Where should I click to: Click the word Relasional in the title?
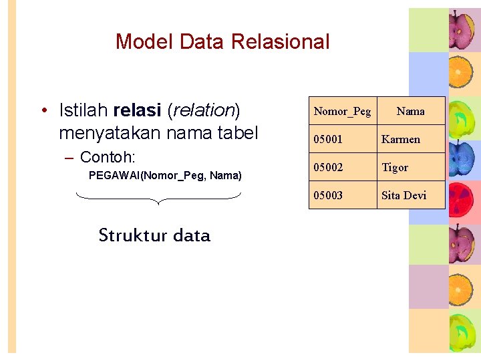pos(280,41)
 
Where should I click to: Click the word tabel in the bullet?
pos(236,133)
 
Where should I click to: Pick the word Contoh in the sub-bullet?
pos(107,158)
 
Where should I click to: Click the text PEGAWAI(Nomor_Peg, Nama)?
pos(165,176)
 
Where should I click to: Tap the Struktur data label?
pos(154,235)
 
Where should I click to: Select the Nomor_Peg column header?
pos(342,111)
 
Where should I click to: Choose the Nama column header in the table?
pos(410,111)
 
